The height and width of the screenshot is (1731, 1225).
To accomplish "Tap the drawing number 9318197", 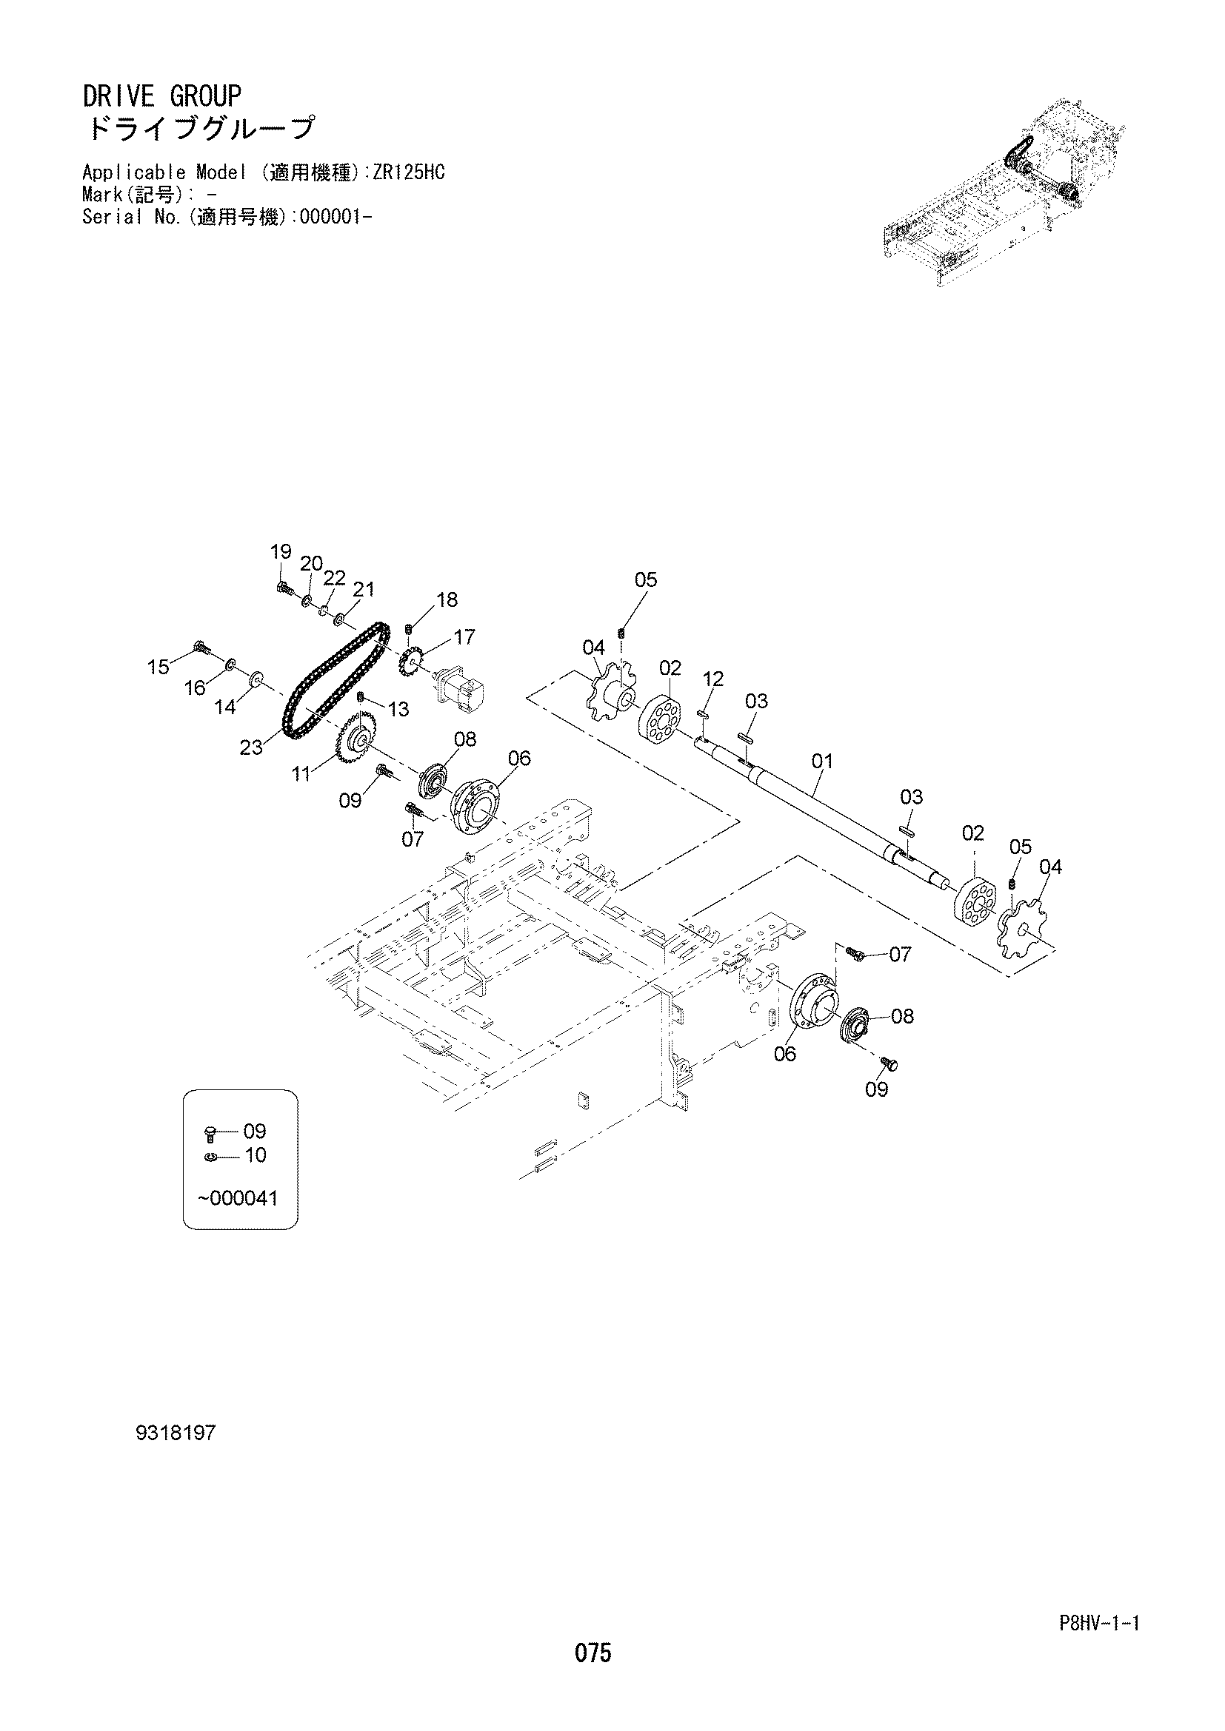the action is click(176, 1433).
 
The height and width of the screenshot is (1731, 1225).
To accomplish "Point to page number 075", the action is click(593, 1653).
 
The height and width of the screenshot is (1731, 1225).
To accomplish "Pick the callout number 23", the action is click(252, 747).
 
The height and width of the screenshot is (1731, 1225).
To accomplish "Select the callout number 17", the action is click(464, 637).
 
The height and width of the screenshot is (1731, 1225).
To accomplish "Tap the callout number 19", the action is click(281, 552).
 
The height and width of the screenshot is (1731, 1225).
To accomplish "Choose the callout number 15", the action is click(158, 667).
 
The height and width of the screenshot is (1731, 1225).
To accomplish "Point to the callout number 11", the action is click(301, 773).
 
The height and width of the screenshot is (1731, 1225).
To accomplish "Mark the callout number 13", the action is click(398, 709).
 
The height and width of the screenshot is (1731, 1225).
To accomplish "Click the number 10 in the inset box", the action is click(256, 1155).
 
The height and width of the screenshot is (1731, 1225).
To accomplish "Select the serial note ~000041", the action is click(238, 1198).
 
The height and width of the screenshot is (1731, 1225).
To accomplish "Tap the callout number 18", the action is click(447, 599).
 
